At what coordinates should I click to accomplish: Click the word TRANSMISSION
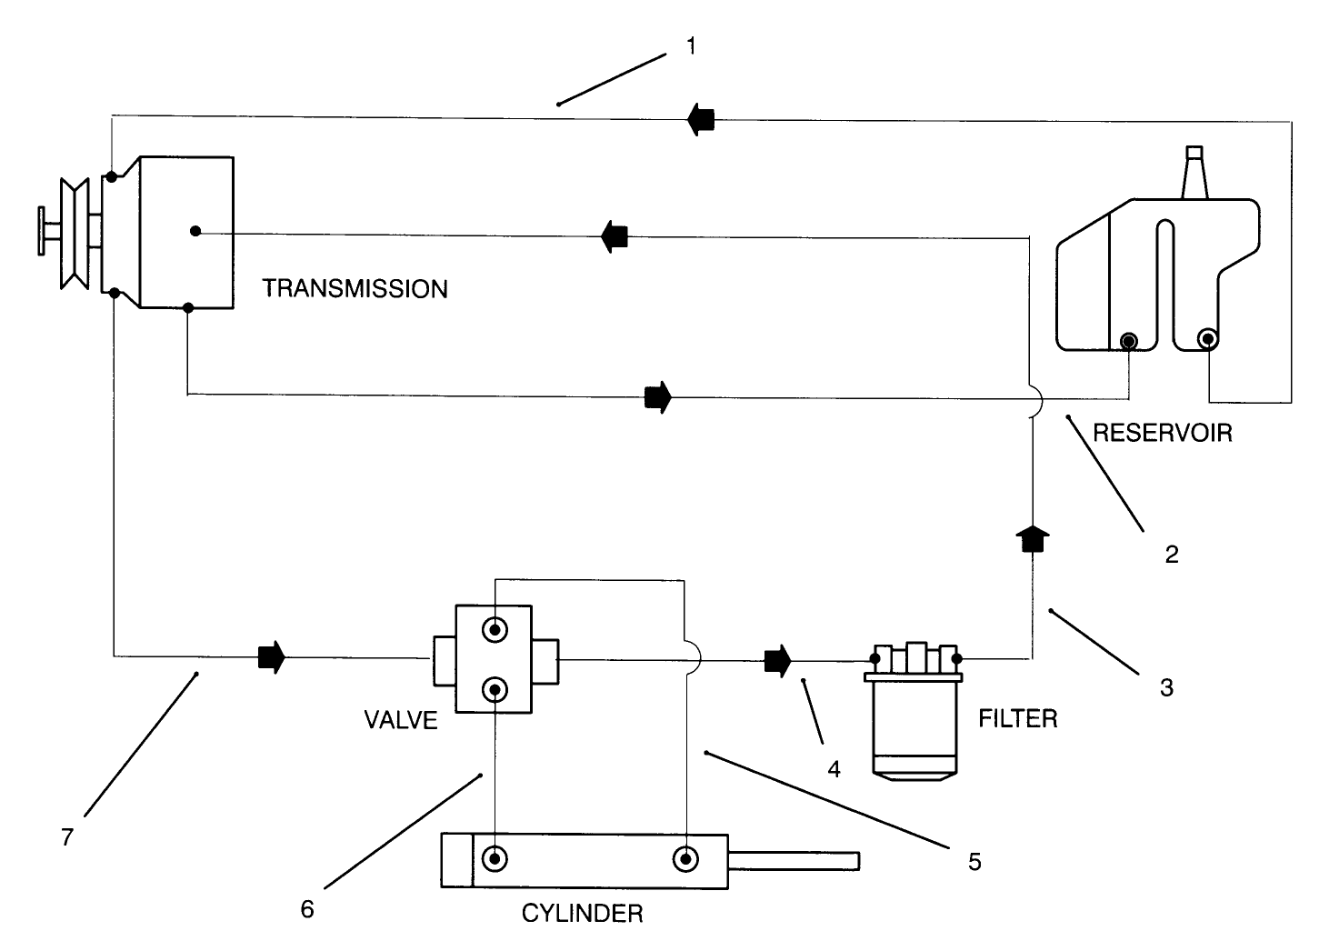coord(355,289)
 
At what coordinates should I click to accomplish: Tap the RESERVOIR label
coord(1162,432)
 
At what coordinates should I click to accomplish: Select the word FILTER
coord(1017,719)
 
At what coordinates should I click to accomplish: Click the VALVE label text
coord(401,720)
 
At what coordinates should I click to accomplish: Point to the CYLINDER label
coord(582,913)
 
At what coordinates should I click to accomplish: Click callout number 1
coord(691,45)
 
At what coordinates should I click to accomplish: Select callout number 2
coord(1172,554)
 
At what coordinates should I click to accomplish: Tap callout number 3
coord(1166,687)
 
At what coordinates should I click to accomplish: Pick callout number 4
coord(834,769)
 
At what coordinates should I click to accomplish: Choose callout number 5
coord(974,861)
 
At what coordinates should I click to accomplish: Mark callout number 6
coord(307,909)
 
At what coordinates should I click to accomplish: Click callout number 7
coord(66,837)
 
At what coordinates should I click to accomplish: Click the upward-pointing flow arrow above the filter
coord(1032,538)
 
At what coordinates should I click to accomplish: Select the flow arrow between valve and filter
coord(777,660)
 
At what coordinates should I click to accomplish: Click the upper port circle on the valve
coord(494,629)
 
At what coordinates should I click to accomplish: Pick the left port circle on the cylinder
coord(495,858)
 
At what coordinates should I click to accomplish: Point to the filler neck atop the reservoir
coord(1195,173)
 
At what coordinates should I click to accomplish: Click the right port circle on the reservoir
coord(1207,339)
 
